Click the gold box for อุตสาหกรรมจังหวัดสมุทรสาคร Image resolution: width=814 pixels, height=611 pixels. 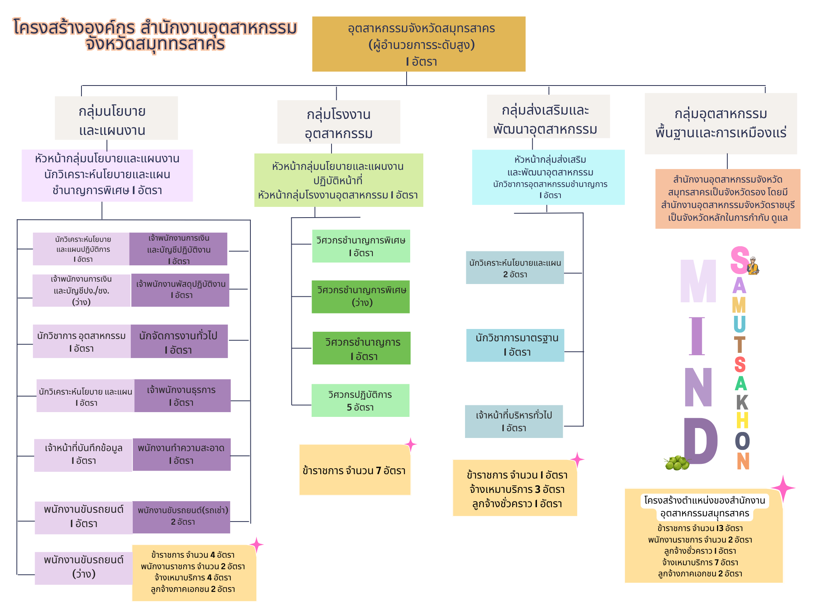(x=419, y=44)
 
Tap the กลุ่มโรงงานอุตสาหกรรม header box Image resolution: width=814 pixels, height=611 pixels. (x=338, y=122)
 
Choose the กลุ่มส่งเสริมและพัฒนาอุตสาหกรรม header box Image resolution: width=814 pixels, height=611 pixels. (x=548, y=117)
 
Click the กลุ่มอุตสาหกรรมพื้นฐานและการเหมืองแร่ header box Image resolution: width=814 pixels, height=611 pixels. (x=720, y=123)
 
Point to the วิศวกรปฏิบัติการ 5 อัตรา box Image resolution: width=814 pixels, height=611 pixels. (x=360, y=400)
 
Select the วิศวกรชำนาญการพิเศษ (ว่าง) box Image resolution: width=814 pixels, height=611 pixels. (x=360, y=297)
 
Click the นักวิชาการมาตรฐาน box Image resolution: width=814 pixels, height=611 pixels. (x=515, y=345)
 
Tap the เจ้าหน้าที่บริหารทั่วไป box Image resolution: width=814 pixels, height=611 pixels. (x=514, y=421)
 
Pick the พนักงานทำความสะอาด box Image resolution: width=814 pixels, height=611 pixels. (x=181, y=454)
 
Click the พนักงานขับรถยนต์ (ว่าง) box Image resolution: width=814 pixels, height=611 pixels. (x=83, y=568)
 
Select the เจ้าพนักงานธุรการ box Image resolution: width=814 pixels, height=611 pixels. (x=182, y=395)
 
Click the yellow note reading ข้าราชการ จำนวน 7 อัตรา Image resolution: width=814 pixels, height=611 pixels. (x=355, y=470)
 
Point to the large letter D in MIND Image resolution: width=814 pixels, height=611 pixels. (x=700, y=441)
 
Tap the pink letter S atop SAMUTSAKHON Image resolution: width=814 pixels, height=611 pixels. (x=739, y=260)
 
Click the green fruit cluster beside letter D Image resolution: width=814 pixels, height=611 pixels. (x=676, y=463)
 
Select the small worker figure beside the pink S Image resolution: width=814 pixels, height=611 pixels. (x=753, y=266)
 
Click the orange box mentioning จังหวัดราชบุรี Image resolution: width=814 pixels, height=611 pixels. (x=727, y=198)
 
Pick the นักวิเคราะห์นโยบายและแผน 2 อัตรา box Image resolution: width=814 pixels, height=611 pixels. (x=515, y=267)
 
